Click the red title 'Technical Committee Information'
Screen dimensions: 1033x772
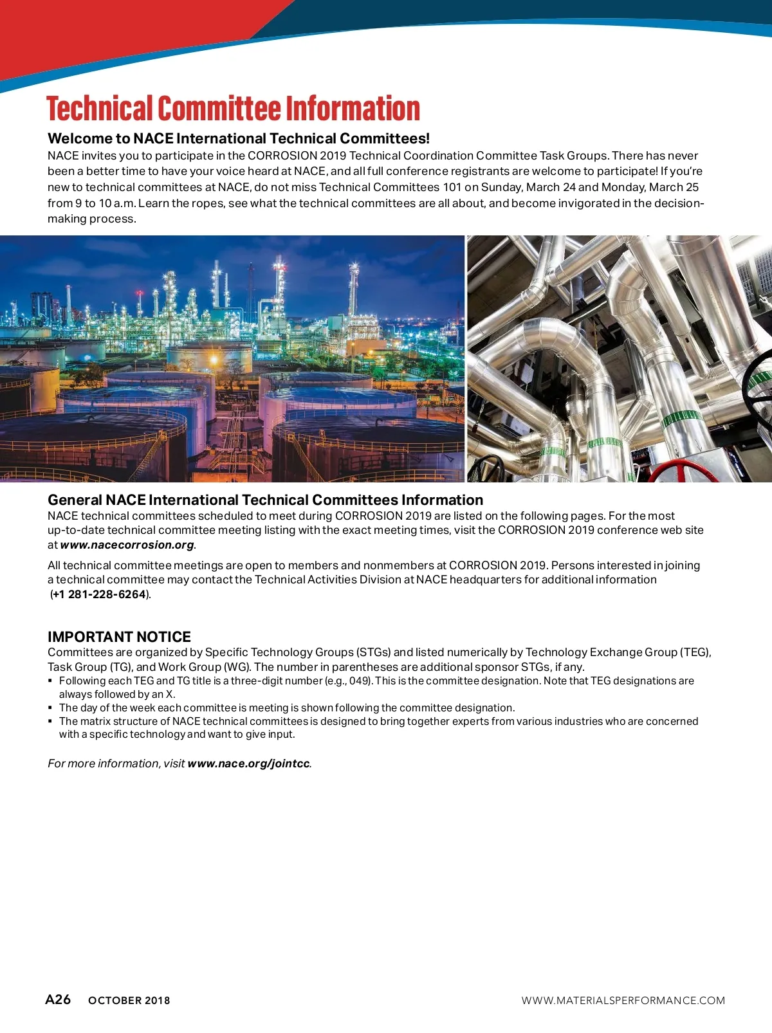pyautogui.click(x=233, y=109)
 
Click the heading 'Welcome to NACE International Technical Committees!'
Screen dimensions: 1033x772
pyautogui.click(x=239, y=138)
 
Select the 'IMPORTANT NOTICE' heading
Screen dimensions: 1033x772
pyautogui.click(x=119, y=637)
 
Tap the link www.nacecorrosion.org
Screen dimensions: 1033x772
pyautogui.click(x=127, y=545)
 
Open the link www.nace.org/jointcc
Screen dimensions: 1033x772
pyautogui.click(x=248, y=763)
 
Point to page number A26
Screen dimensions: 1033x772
pyautogui.click(x=58, y=999)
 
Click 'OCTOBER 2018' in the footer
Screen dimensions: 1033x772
pyautogui.click(x=129, y=1000)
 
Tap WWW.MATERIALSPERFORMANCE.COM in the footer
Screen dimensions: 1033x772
pyautogui.click(x=623, y=1000)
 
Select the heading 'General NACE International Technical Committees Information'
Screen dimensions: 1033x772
pyautogui.click(x=265, y=500)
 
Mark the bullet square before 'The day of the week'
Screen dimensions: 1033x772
pyautogui.click(x=50, y=708)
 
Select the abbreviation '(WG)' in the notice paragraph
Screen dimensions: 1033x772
pyautogui.click(x=237, y=667)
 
